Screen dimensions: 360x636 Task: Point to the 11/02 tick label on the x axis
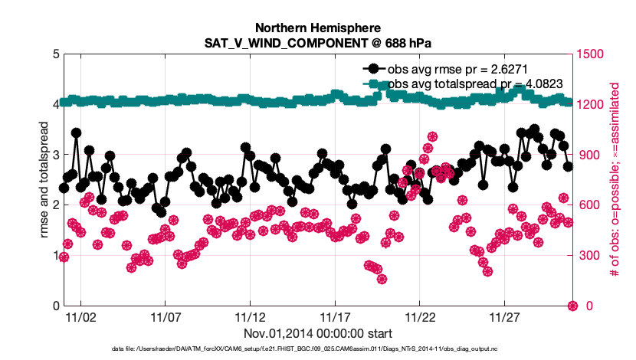(80, 316)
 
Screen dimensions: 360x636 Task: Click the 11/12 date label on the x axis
(250, 316)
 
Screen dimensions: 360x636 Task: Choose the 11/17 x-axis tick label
(335, 316)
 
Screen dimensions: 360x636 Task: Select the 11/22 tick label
(420, 316)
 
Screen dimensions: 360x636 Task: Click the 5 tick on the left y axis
(56, 54)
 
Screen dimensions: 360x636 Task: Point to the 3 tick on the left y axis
(56, 155)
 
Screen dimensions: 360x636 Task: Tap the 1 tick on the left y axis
(56, 256)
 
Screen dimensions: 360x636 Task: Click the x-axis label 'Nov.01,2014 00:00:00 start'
(317, 333)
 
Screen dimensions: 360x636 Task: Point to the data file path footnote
(317, 349)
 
